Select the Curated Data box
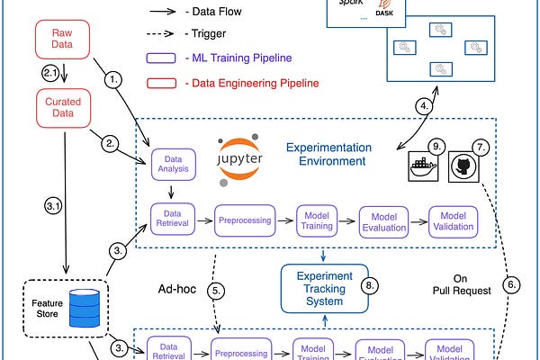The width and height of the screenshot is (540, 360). click(x=62, y=108)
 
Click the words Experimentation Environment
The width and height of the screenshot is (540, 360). click(x=325, y=154)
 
